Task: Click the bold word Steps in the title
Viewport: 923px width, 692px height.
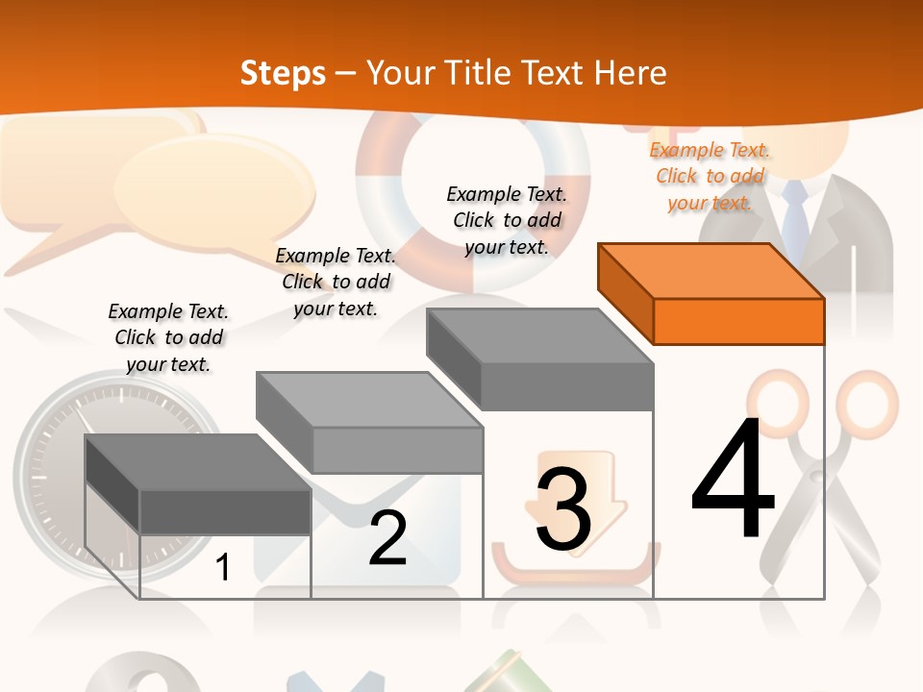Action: point(283,73)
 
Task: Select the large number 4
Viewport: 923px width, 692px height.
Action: point(733,478)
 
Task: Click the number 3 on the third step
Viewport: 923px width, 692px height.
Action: point(563,509)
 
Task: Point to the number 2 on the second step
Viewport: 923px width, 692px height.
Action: point(387,538)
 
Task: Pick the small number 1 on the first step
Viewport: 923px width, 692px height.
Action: point(222,567)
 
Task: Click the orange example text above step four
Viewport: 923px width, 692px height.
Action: point(710,177)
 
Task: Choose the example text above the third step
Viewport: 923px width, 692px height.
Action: point(507,221)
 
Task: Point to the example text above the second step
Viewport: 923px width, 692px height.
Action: point(336,282)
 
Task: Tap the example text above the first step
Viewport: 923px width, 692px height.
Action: point(168,337)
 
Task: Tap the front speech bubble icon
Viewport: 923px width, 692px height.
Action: point(214,191)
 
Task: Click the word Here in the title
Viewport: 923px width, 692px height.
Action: point(630,73)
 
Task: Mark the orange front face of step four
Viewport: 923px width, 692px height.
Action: point(739,321)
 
